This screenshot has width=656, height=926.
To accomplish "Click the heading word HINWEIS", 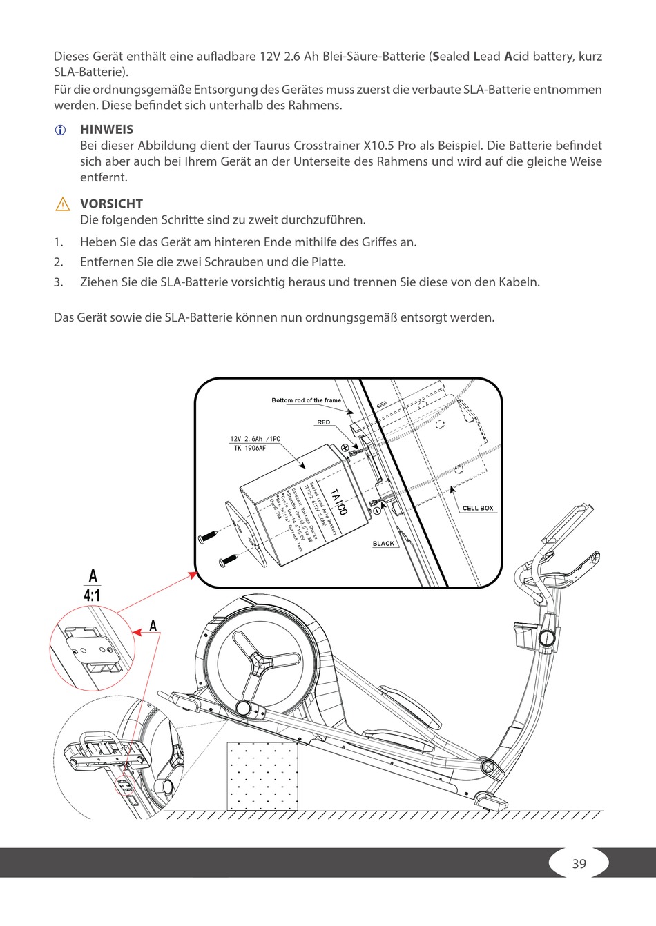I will click(x=106, y=129).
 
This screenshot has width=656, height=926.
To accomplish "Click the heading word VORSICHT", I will click(x=111, y=204).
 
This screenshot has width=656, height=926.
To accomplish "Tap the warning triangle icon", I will click(x=62, y=204).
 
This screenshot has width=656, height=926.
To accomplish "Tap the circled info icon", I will click(x=61, y=130).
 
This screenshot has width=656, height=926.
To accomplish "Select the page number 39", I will click(x=579, y=863).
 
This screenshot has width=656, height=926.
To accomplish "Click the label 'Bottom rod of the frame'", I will click(x=306, y=400).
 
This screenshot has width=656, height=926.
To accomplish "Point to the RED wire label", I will click(x=323, y=422).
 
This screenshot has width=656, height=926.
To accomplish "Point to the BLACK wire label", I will click(x=383, y=544).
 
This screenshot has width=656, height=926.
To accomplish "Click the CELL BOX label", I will click(x=478, y=508).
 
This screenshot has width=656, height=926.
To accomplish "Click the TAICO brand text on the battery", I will click(x=338, y=502).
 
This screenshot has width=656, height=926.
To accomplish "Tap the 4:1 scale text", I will click(x=92, y=595).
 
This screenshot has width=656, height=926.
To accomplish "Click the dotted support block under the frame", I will click(x=262, y=776).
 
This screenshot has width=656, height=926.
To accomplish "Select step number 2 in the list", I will click(x=58, y=262).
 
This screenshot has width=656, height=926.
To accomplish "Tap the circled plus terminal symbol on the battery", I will click(x=345, y=447).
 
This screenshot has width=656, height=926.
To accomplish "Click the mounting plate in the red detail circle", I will click(x=90, y=649).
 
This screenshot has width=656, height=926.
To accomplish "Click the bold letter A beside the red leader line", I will click(x=153, y=626).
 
